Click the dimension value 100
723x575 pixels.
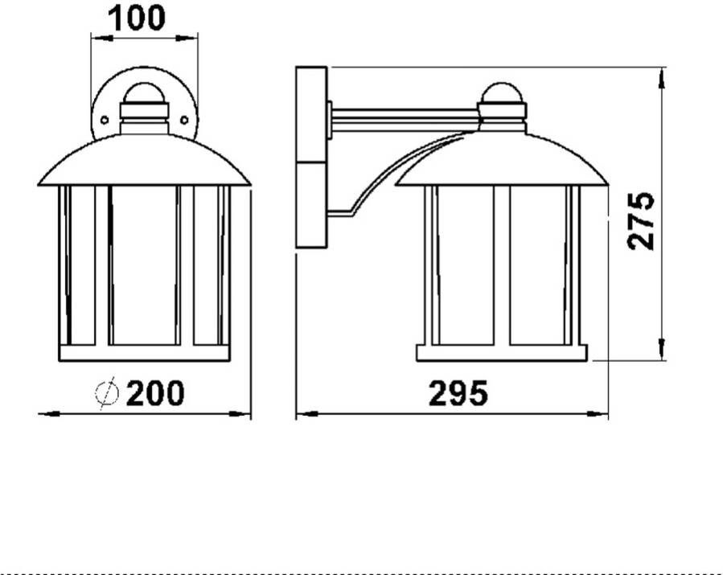click(x=136, y=18)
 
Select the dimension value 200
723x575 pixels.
click(x=155, y=393)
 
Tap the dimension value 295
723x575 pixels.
click(x=458, y=393)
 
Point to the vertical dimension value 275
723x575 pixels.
click(x=642, y=221)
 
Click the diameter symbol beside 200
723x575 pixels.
click(x=107, y=393)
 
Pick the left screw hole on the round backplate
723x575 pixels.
click(x=105, y=121)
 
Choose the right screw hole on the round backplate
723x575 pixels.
click(x=184, y=121)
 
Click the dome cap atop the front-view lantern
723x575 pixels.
click(x=144, y=93)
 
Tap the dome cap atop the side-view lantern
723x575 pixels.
click(x=502, y=93)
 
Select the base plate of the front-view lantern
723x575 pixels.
click(x=144, y=353)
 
